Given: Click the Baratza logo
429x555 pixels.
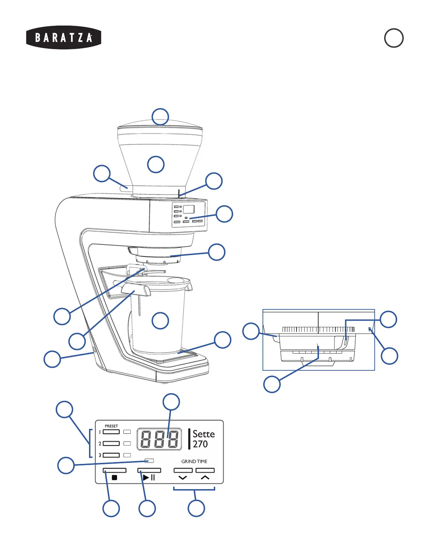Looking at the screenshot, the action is [x=63, y=37].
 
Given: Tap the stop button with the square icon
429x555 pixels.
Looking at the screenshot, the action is [x=114, y=471].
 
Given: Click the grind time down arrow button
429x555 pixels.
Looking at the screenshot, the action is [x=183, y=471].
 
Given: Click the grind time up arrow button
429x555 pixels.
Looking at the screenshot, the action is [x=205, y=471].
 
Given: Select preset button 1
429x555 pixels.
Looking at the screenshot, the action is [x=111, y=432].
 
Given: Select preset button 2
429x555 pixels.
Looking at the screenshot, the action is [x=111, y=444].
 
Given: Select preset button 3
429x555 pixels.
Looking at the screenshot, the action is [x=111, y=455].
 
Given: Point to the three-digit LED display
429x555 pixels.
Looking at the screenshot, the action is [x=159, y=439].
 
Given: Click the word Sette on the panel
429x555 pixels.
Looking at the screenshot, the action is [x=203, y=434].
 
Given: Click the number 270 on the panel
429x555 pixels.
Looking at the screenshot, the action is [x=200, y=444].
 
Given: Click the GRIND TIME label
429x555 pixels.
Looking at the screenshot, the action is [x=194, y=461].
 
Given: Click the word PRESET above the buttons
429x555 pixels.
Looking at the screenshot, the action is [x=111, y=426].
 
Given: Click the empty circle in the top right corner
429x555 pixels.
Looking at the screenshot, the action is [x=394, y=38].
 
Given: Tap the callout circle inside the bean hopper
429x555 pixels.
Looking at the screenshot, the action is [x=156, y=164].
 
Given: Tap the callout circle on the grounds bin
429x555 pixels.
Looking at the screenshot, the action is [x=160, y=321].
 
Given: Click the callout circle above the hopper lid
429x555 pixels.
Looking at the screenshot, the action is [x=160, y=116].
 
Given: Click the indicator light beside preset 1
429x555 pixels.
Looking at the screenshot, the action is [x=127, y=432].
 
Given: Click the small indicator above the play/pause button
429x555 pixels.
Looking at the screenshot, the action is [x=149, y=460].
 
